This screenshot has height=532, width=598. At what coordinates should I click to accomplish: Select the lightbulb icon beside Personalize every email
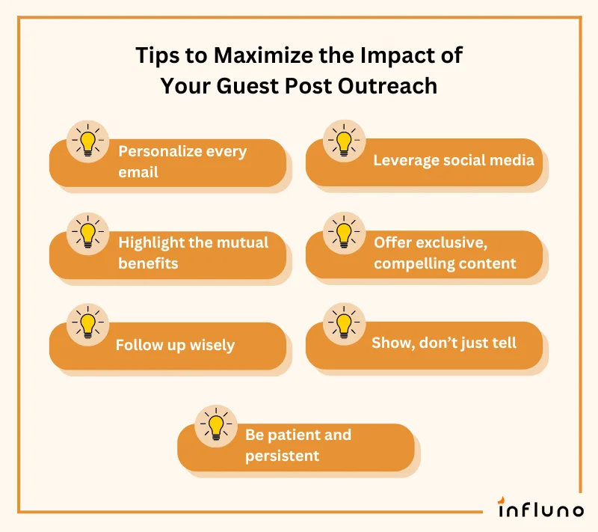(88, 141)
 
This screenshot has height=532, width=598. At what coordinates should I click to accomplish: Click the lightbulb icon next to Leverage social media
(344, 141)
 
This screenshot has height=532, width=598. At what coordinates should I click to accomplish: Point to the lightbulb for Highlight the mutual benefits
(88, 233)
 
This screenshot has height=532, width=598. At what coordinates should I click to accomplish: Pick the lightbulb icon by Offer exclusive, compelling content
(344, 233)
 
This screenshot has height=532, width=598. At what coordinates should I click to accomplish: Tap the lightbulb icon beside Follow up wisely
(88, 324)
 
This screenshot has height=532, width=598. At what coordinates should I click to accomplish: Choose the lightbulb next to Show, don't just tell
(344, 324)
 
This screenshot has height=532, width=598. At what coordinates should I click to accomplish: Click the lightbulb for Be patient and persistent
(216, 426)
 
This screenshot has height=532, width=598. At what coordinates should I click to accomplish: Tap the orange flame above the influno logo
(502, 500)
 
